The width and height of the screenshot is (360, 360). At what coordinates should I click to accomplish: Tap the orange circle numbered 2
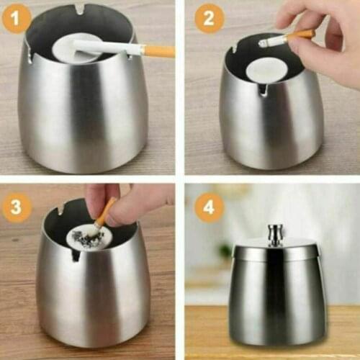tap(208, 19)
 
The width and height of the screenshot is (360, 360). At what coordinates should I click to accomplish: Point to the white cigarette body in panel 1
tap(108, 47)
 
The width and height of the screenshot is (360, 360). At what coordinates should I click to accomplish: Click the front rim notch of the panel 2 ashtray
tap(263, 89)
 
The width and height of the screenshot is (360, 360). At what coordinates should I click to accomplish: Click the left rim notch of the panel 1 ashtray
tap(30, 54)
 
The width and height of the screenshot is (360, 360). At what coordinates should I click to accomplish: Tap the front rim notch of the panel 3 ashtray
tap(76, 254)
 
